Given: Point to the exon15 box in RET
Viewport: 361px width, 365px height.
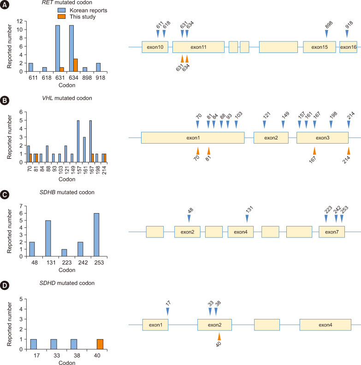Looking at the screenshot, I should pyautogui.click(x=319, y=47).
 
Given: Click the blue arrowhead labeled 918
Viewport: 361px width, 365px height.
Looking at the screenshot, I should pyautogui.click(x=348, y=34).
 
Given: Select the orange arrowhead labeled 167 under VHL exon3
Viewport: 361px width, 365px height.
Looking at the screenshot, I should pyautogui.click(x=314, y=151).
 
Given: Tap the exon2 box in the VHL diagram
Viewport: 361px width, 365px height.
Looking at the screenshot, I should pyautogui.click(x=271, y=137).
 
